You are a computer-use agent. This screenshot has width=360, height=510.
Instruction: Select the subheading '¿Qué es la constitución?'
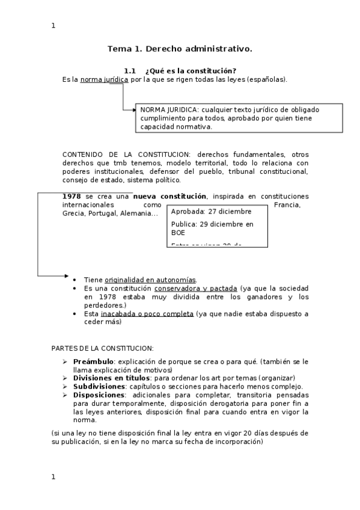[x=191, y=71]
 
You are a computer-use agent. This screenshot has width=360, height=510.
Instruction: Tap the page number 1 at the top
[x=53, y=25]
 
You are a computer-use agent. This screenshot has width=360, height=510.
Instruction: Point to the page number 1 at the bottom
[x=53, y=476]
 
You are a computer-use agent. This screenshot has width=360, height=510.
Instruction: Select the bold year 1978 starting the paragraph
[x=72, y=197]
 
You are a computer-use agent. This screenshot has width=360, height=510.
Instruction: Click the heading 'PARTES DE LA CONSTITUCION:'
[x=102, y=348]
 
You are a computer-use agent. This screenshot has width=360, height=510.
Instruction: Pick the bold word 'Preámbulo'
[x=93, y=361]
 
